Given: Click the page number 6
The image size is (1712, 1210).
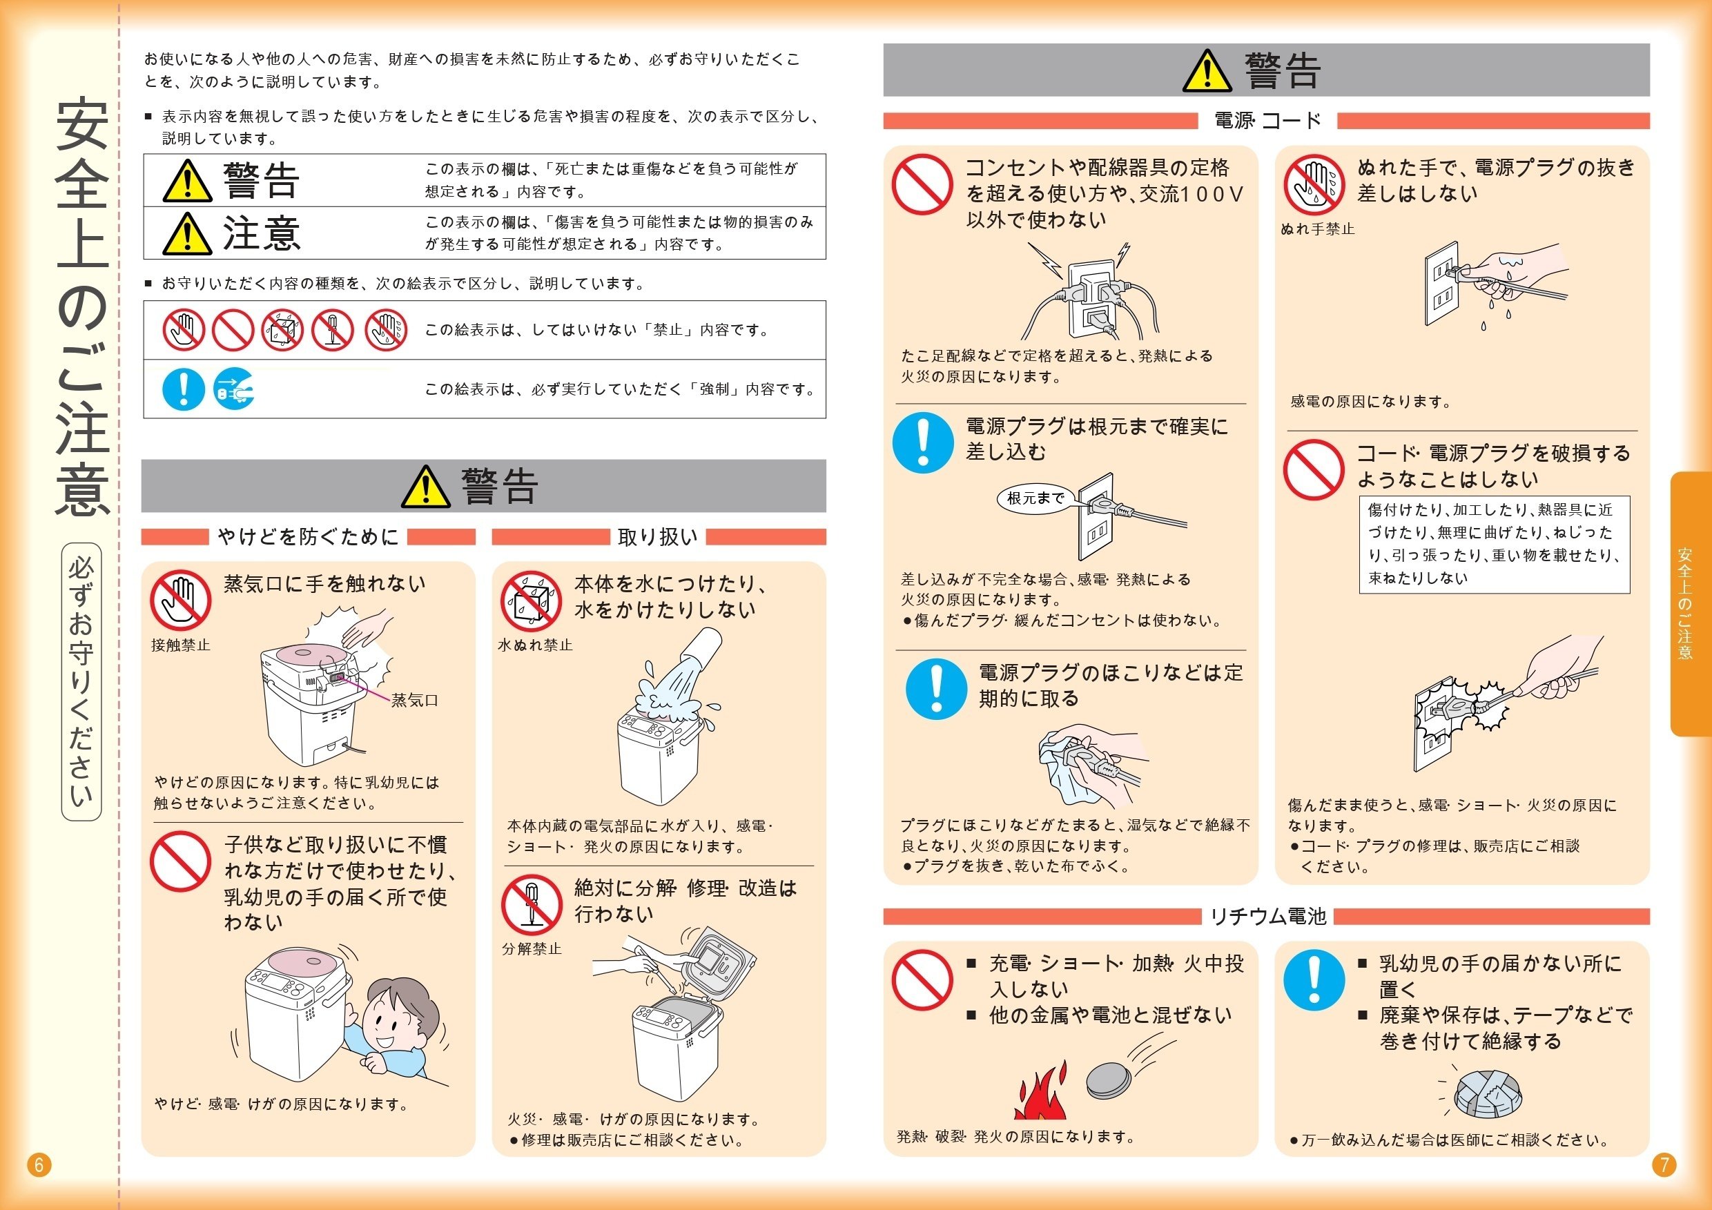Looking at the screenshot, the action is tap(39, 1164).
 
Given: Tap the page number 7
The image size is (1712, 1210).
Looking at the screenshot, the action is tap(1664, 1164).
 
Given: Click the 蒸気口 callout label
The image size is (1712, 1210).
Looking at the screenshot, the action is tap(415, 700).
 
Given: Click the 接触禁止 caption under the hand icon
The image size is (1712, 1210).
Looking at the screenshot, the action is tap(180, 645).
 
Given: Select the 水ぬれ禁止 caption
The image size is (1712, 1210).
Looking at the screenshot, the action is tap(534, 645).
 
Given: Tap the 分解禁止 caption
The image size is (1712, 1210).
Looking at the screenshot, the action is tap(531, 949).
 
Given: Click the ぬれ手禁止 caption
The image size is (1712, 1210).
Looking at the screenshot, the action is tap(1318, 230).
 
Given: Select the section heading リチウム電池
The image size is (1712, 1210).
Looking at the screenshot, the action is tap(1267, 916).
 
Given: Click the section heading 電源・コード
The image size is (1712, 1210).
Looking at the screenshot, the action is tap(1267, 120).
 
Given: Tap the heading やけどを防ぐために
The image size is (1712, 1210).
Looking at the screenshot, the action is tap(308, 537).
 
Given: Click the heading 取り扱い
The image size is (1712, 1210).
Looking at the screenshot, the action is tap(658, 537).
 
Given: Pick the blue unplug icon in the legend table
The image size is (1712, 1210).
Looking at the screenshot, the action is tap(233, 389).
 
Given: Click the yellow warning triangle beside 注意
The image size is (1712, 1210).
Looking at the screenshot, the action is tap(186, 233).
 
